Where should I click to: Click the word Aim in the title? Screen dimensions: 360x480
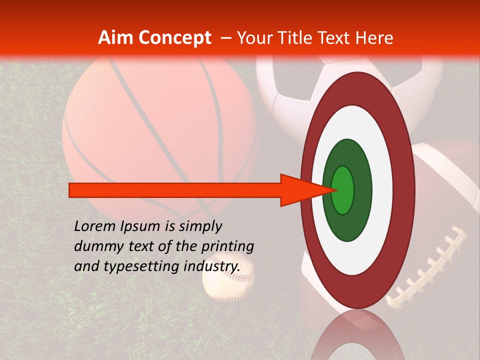coord(115,38)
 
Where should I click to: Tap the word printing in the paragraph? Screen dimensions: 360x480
coord(227,246)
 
